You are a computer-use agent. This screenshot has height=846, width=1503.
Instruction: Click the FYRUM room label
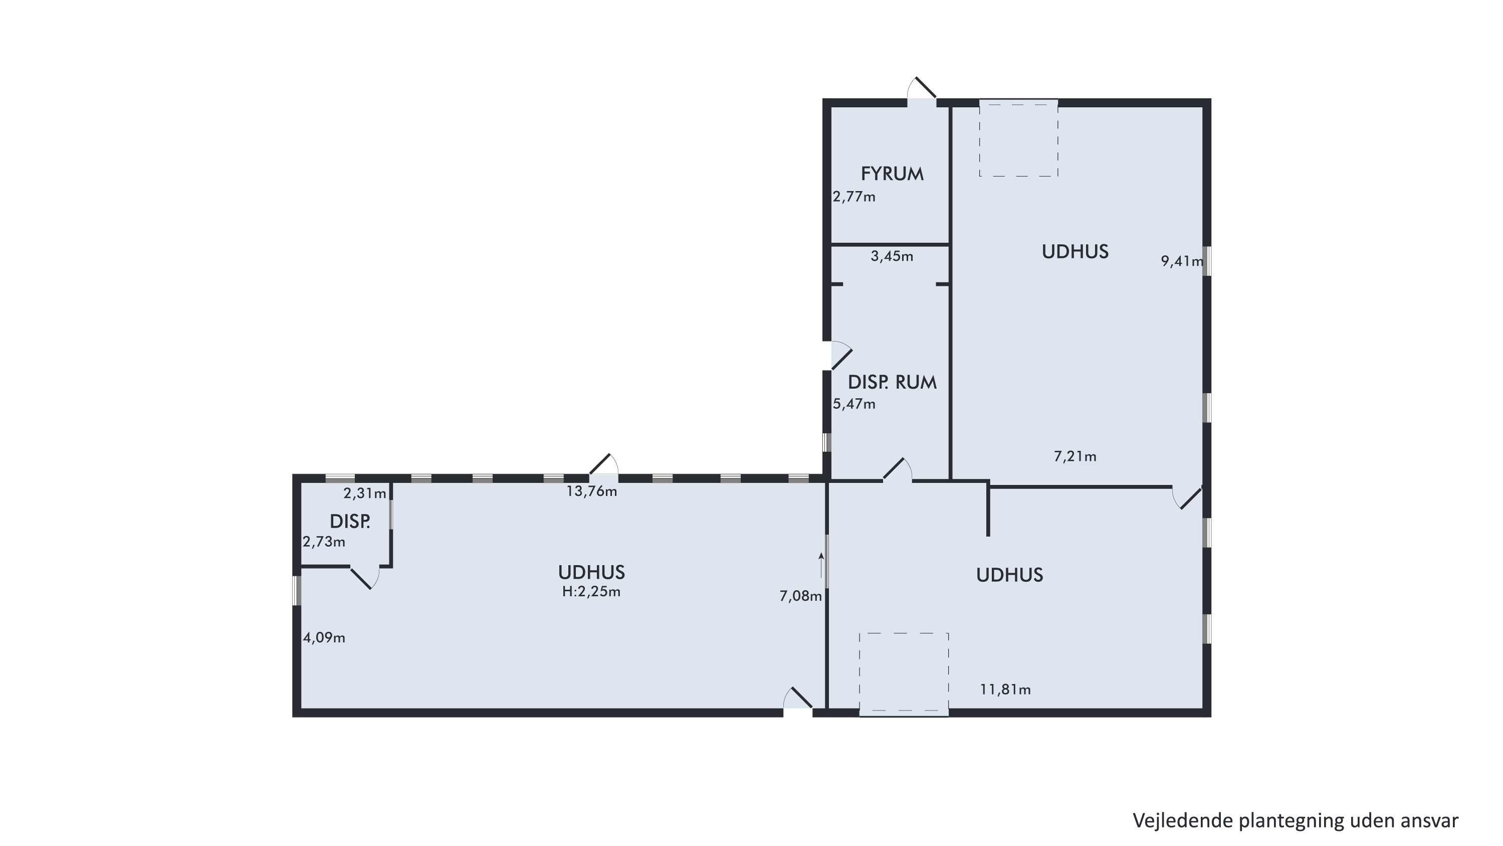point(892,174)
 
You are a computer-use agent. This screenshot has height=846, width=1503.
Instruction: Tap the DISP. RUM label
point(892,382)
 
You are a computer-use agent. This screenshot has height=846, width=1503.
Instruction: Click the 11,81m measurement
point(1005,690)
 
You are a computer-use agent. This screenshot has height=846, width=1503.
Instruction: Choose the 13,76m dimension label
point(592,491)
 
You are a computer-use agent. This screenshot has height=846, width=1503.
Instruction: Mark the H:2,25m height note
point(591,591)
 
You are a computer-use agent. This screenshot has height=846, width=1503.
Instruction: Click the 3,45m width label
point(892,256)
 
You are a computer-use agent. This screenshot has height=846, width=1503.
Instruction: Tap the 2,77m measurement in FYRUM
point(854,196)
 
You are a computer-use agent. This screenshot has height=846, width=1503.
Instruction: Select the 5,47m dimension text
point(854,404)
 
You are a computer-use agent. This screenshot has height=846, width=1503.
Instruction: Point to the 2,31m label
point(365,494)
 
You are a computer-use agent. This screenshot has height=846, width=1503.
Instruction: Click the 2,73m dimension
point(324,542)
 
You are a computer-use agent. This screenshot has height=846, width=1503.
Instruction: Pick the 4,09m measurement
point(324,638)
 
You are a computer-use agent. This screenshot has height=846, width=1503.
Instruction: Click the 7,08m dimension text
point(800,596)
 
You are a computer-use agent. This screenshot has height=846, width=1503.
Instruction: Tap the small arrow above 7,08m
point(821,565)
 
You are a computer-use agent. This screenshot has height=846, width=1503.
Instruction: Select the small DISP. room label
point(350,522)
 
